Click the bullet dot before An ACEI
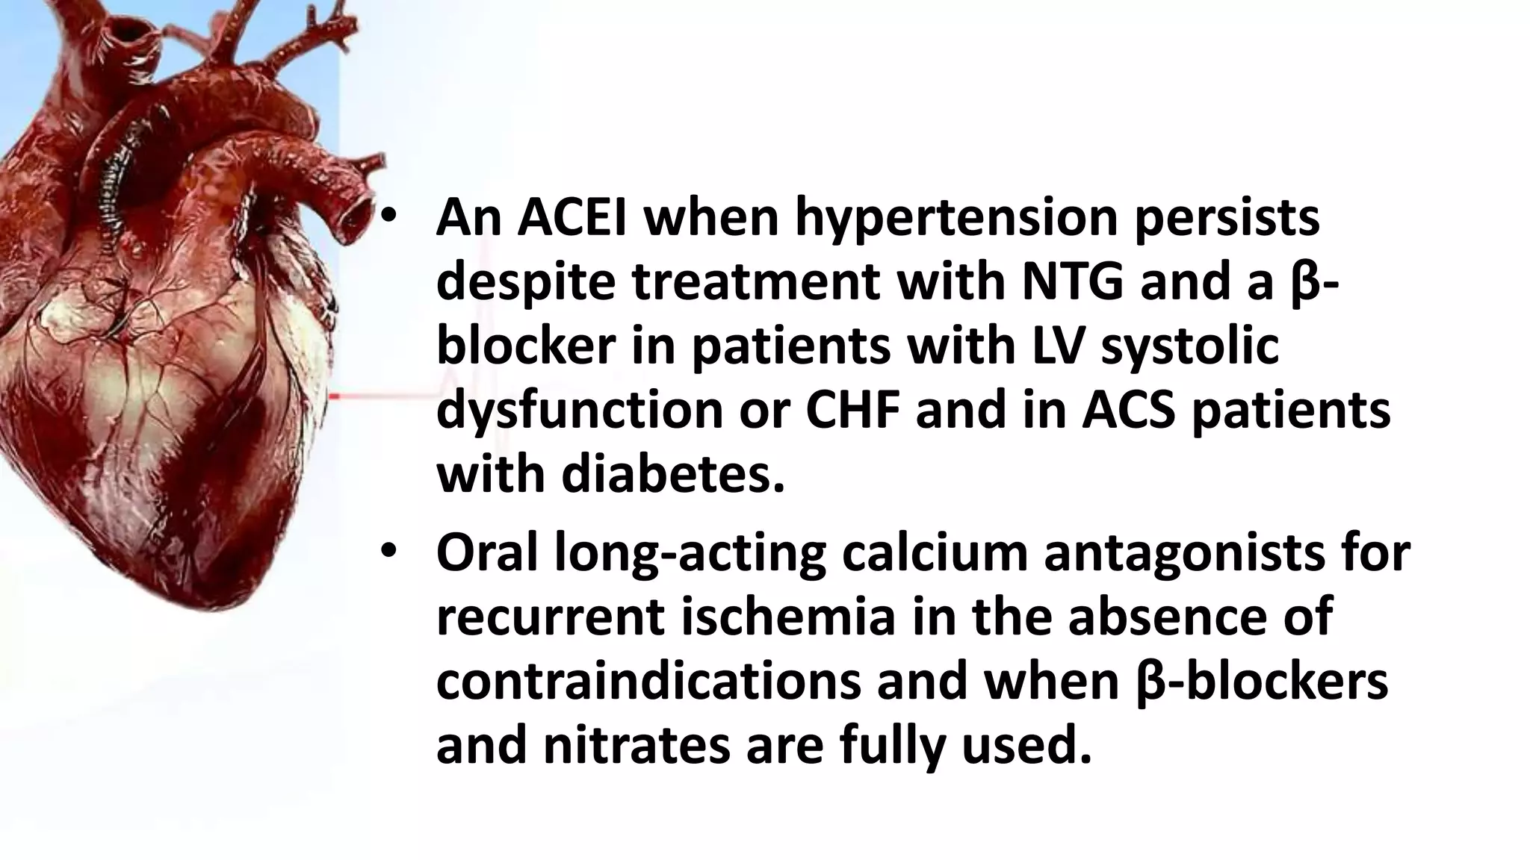click(x=389, y=217)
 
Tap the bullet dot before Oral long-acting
click(x=389, y=553)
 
